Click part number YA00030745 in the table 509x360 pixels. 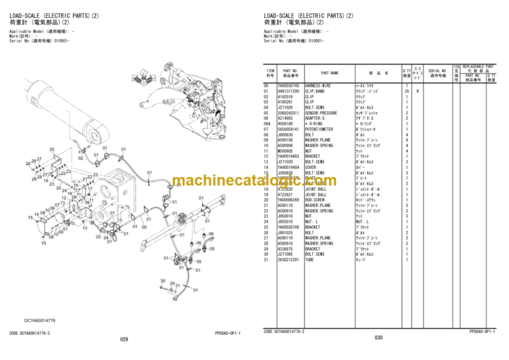pos(290,86)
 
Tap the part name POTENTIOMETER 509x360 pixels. pos(321,129)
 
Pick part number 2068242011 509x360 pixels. pos(290,113)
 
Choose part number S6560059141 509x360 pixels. pos(290,129)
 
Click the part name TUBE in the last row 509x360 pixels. pos(310,259)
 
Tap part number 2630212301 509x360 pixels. pos(290,259)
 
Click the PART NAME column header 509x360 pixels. pos(329,73)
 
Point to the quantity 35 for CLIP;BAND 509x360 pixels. pos(406,91)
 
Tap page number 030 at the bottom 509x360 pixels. pos(378,338)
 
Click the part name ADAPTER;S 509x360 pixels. pos(317,118)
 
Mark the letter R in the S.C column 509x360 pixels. pos(417,91)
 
